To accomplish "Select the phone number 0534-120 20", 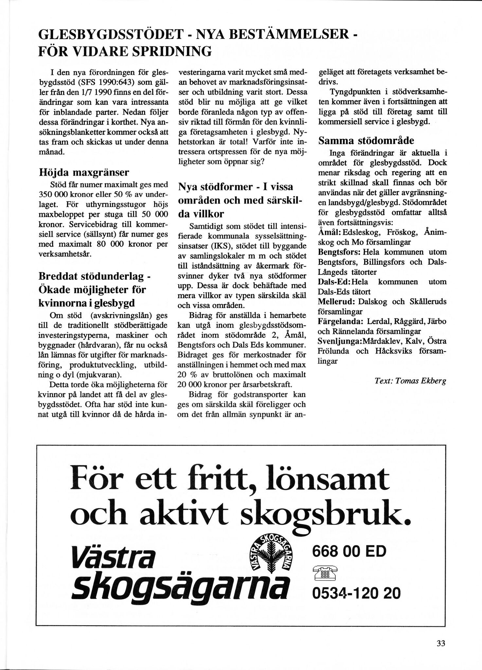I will [x=356, y=593].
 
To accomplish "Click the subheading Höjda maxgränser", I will [x=84, y=172].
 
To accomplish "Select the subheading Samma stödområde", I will [x=366, y=141].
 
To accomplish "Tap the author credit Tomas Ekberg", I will [x=410, y=381].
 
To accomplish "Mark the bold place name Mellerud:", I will [x=336, y=302].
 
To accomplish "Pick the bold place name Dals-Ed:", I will [x=334, y=282].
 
